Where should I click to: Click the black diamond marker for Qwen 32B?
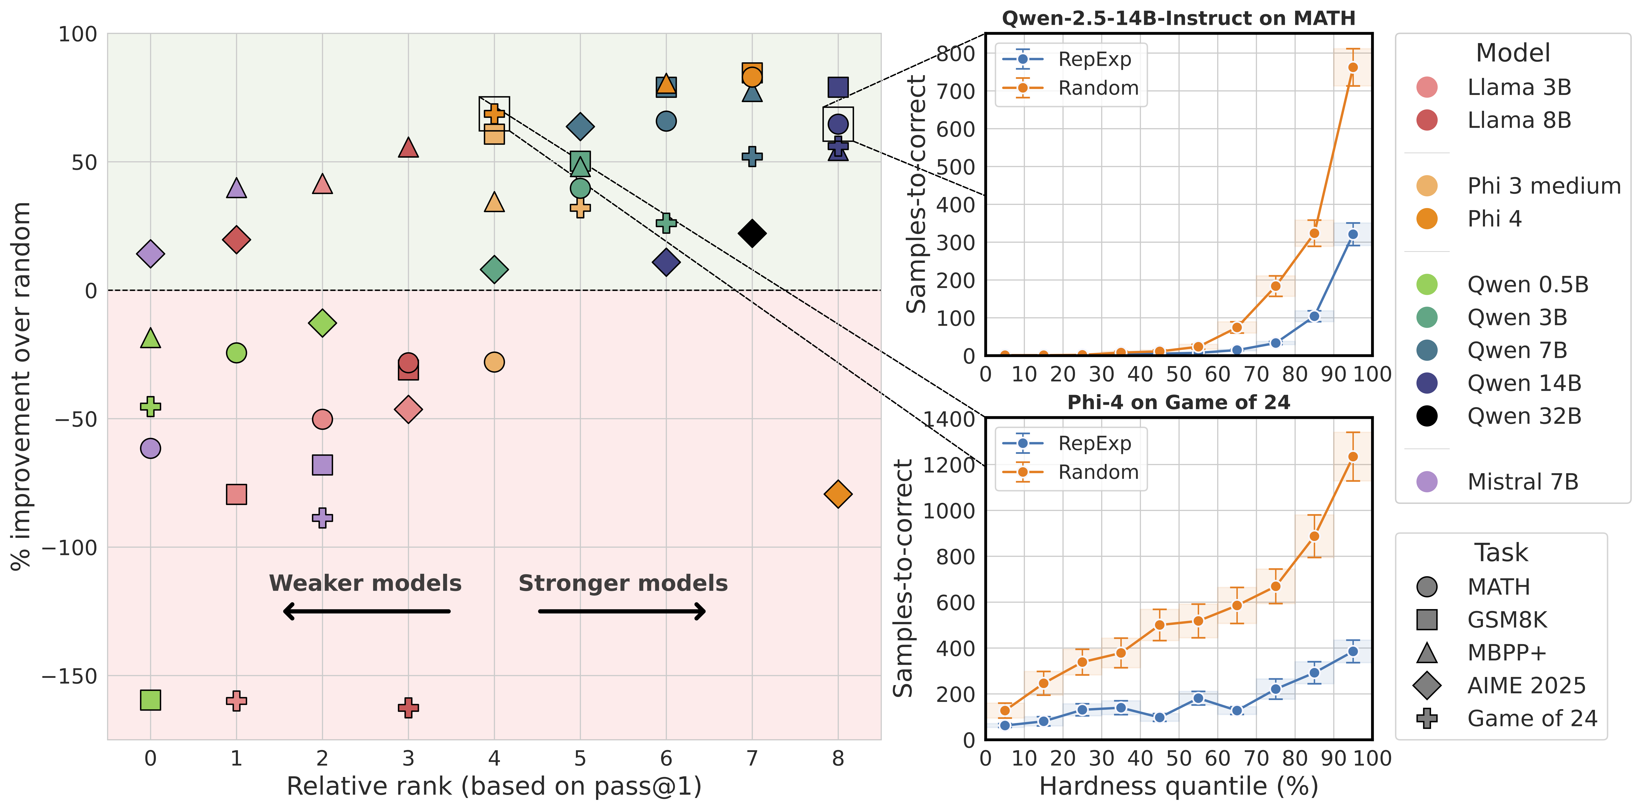coord(752,233)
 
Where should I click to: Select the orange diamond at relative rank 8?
coord(838,493)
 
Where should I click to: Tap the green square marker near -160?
coord(150,700)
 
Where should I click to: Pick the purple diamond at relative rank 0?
coord(150,254)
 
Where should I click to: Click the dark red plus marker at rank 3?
coord(408,707)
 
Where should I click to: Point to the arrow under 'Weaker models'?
coord(366,611)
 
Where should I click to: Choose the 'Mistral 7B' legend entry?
coord(1523,481)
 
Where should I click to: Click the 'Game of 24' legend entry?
coord(1532,718)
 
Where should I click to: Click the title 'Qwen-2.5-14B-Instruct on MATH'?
coord(1179,18)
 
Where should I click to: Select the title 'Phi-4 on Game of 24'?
coord(1179,403)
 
